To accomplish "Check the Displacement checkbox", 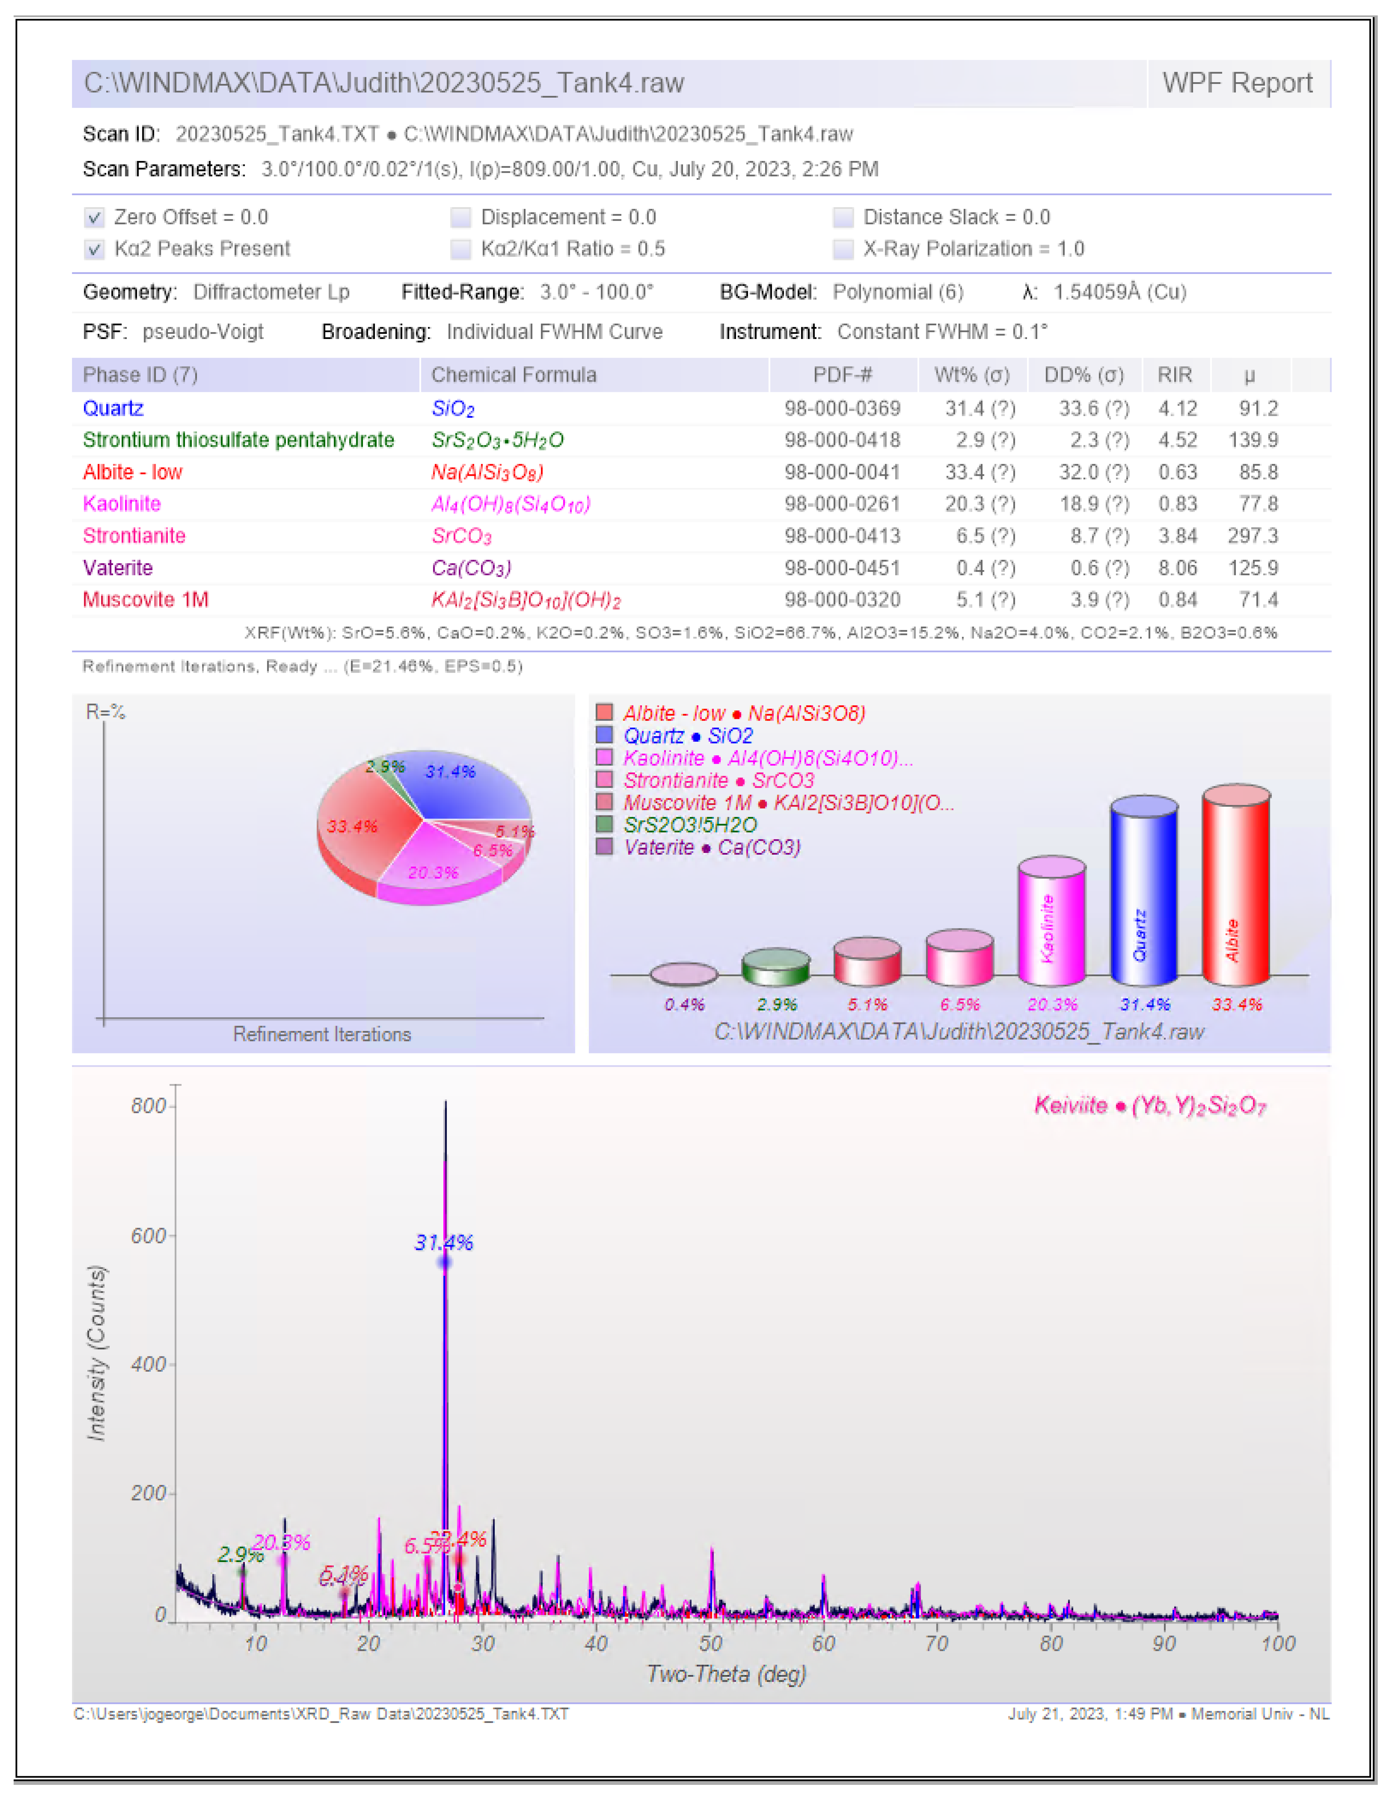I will point(461,218).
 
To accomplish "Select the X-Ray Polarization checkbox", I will point(843,249).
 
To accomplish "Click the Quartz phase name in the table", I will point(113,409).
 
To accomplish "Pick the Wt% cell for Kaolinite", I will point(979,504).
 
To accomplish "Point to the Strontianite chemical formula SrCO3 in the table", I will point(462,536).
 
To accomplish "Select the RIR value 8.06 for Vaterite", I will point(1177,568).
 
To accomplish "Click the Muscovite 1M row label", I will point(145,600).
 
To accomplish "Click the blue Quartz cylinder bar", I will point(1143,892).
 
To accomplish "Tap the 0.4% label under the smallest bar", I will point(684,1004).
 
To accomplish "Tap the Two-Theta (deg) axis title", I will point(726,1674).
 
